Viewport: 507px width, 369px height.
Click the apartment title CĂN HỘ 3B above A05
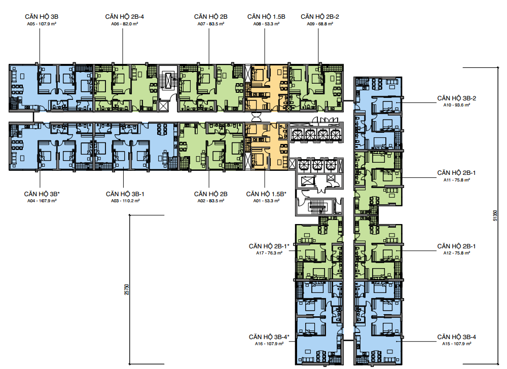pos(42,17)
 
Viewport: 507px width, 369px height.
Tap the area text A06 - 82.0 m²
pos(125,24)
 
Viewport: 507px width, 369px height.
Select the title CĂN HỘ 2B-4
pos(125,17)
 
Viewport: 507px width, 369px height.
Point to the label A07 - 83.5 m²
pos(211,24)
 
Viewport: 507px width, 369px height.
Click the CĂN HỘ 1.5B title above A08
pos(266,17)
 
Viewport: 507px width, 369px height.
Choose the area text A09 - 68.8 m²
pos(320,24)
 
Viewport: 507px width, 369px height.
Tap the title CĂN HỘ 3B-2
pos(457,98)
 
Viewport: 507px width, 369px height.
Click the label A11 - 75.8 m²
pos(457,180)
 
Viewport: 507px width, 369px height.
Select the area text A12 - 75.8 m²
pos(457,253)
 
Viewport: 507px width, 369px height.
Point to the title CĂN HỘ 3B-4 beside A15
pos(457,337)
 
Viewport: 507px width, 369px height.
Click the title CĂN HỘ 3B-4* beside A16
pos(269,337)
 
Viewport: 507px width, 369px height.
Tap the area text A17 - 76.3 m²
pos(269,253)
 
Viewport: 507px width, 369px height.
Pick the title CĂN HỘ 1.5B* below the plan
pos(266,194)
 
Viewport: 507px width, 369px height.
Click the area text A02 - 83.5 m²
pos(211,201)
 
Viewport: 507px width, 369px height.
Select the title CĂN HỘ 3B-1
pos(125,194)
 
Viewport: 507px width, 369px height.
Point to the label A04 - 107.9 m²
pos(42,201)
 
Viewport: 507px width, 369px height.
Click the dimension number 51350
pos(495,215)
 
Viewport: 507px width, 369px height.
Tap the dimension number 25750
pos(127,289)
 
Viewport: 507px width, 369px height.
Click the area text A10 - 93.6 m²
pos(457,105)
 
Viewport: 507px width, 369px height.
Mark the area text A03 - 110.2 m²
pos(125,201)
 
